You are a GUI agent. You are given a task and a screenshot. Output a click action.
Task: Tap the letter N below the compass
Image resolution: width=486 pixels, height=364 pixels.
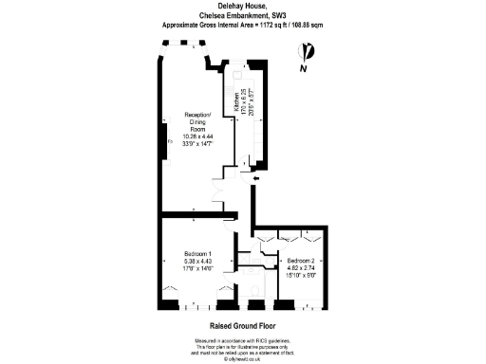304,69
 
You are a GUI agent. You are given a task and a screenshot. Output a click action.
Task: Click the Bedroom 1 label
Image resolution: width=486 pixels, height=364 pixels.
198,253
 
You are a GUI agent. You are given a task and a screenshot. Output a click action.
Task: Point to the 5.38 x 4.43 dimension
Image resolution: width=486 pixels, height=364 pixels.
198,261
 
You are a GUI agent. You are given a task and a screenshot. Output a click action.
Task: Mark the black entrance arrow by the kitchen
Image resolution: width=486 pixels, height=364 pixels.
255,177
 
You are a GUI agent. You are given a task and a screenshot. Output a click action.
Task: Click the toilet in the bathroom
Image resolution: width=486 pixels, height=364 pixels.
245,288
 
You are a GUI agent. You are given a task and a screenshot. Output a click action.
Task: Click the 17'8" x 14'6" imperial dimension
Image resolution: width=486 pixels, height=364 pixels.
198,268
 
